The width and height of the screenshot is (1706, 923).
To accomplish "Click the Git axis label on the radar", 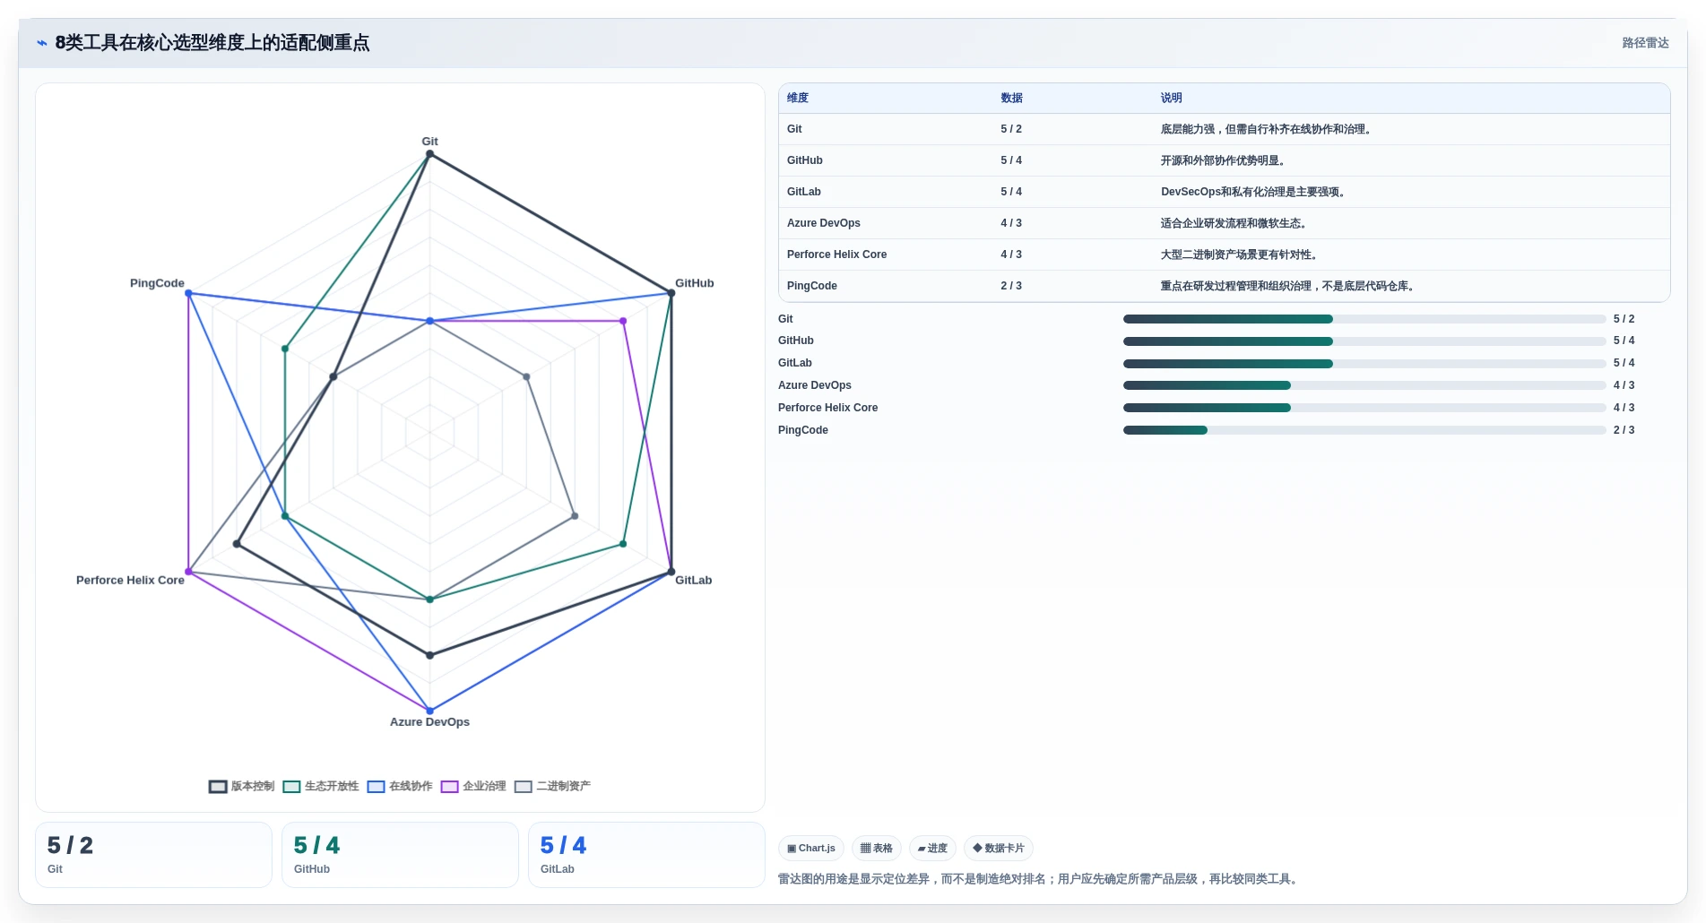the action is (429, 142).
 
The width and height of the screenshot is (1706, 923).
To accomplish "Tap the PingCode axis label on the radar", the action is (157, 283).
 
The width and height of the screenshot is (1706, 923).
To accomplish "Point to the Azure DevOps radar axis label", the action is (429, 722).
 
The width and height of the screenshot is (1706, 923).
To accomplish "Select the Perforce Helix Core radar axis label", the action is (130, 581).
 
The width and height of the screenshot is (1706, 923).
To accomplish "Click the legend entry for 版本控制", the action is (242, 787).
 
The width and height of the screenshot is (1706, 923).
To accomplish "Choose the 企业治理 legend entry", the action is (473, 787).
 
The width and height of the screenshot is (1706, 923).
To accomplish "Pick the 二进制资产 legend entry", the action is (552, 787).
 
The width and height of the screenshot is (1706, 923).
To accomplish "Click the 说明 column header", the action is (1171, 98).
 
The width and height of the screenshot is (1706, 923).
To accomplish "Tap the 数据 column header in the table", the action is (1011, 98).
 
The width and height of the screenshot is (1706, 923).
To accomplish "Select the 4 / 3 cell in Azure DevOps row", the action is (1011, 223).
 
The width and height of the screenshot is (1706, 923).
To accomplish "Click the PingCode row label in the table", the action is (811, 286).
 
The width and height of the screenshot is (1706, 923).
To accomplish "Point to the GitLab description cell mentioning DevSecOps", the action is (1252, 192).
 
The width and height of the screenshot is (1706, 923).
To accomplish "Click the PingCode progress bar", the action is (1364, 430).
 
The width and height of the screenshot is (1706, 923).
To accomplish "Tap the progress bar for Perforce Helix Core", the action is (1364, 408).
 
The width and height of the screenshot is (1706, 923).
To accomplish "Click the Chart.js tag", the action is (811, 849).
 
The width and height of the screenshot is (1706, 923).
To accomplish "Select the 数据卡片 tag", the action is (998, 849).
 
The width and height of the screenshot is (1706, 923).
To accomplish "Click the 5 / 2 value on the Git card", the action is (70, 846).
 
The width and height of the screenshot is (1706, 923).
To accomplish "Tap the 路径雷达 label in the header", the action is (1645, 43).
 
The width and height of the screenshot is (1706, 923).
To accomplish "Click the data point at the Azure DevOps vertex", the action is (429, 711).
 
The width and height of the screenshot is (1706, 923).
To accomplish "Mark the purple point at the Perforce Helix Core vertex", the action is (188, 572).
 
